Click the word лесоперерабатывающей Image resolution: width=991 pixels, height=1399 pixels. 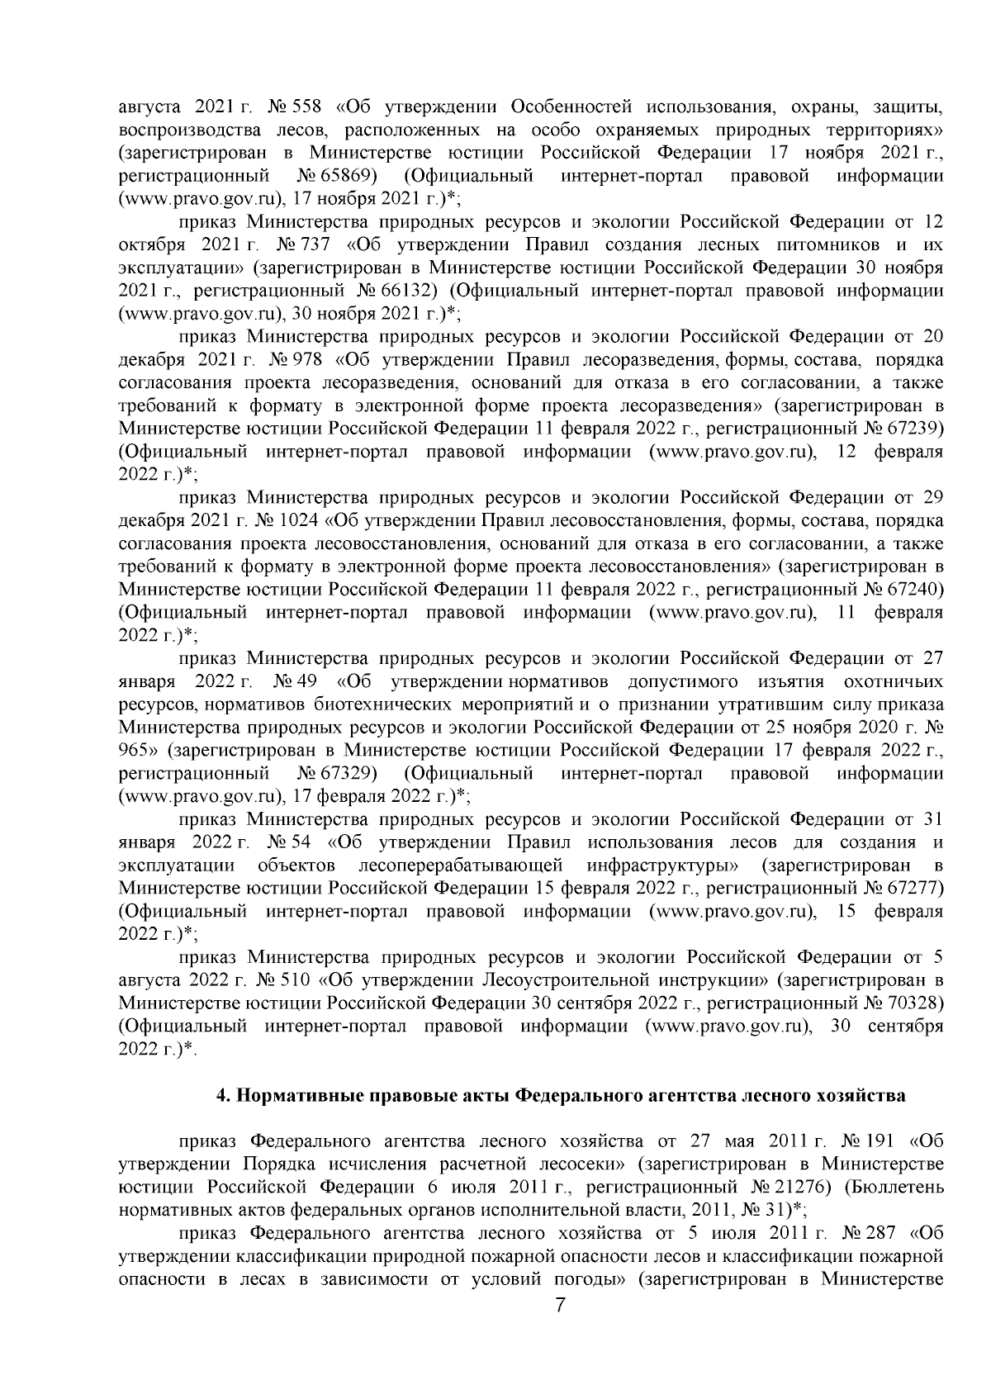pos(462,865)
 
